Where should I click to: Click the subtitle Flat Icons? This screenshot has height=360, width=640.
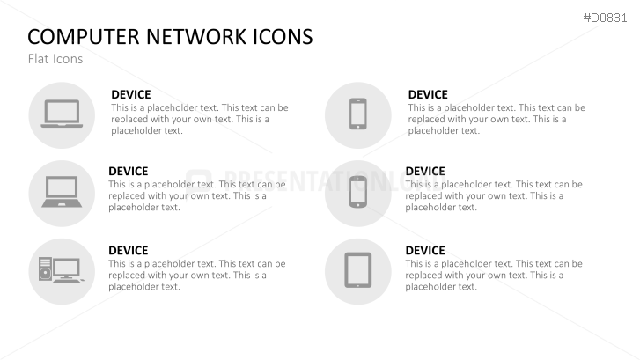click(55, 59)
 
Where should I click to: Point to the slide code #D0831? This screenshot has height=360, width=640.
click(607, 18)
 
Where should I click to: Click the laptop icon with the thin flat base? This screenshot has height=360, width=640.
click(61, 114)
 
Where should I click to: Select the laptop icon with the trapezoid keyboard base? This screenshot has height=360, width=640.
click(61, 192)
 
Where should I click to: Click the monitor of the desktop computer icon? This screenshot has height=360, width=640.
click(67, 267)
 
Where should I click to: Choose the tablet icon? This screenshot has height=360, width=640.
click(357, 270)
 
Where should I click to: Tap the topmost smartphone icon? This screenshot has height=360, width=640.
click(357, 114)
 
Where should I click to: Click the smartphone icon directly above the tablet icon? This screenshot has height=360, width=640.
click(357, 192)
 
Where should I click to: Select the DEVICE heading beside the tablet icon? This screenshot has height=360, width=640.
click(424, 251)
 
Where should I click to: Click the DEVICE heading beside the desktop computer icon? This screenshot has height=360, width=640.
click(128, 251)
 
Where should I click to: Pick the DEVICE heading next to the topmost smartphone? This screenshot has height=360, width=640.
click(428, 94)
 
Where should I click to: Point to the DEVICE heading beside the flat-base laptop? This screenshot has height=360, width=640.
click(130, 94)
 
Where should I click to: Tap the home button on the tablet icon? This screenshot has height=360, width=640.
click(357, 283)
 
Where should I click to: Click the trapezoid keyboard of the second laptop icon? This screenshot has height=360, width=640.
click(61, 202)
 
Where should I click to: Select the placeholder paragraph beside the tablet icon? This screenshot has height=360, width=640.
click(493, 275)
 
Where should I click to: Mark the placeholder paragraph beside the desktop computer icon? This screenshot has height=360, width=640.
click(196, 275)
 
